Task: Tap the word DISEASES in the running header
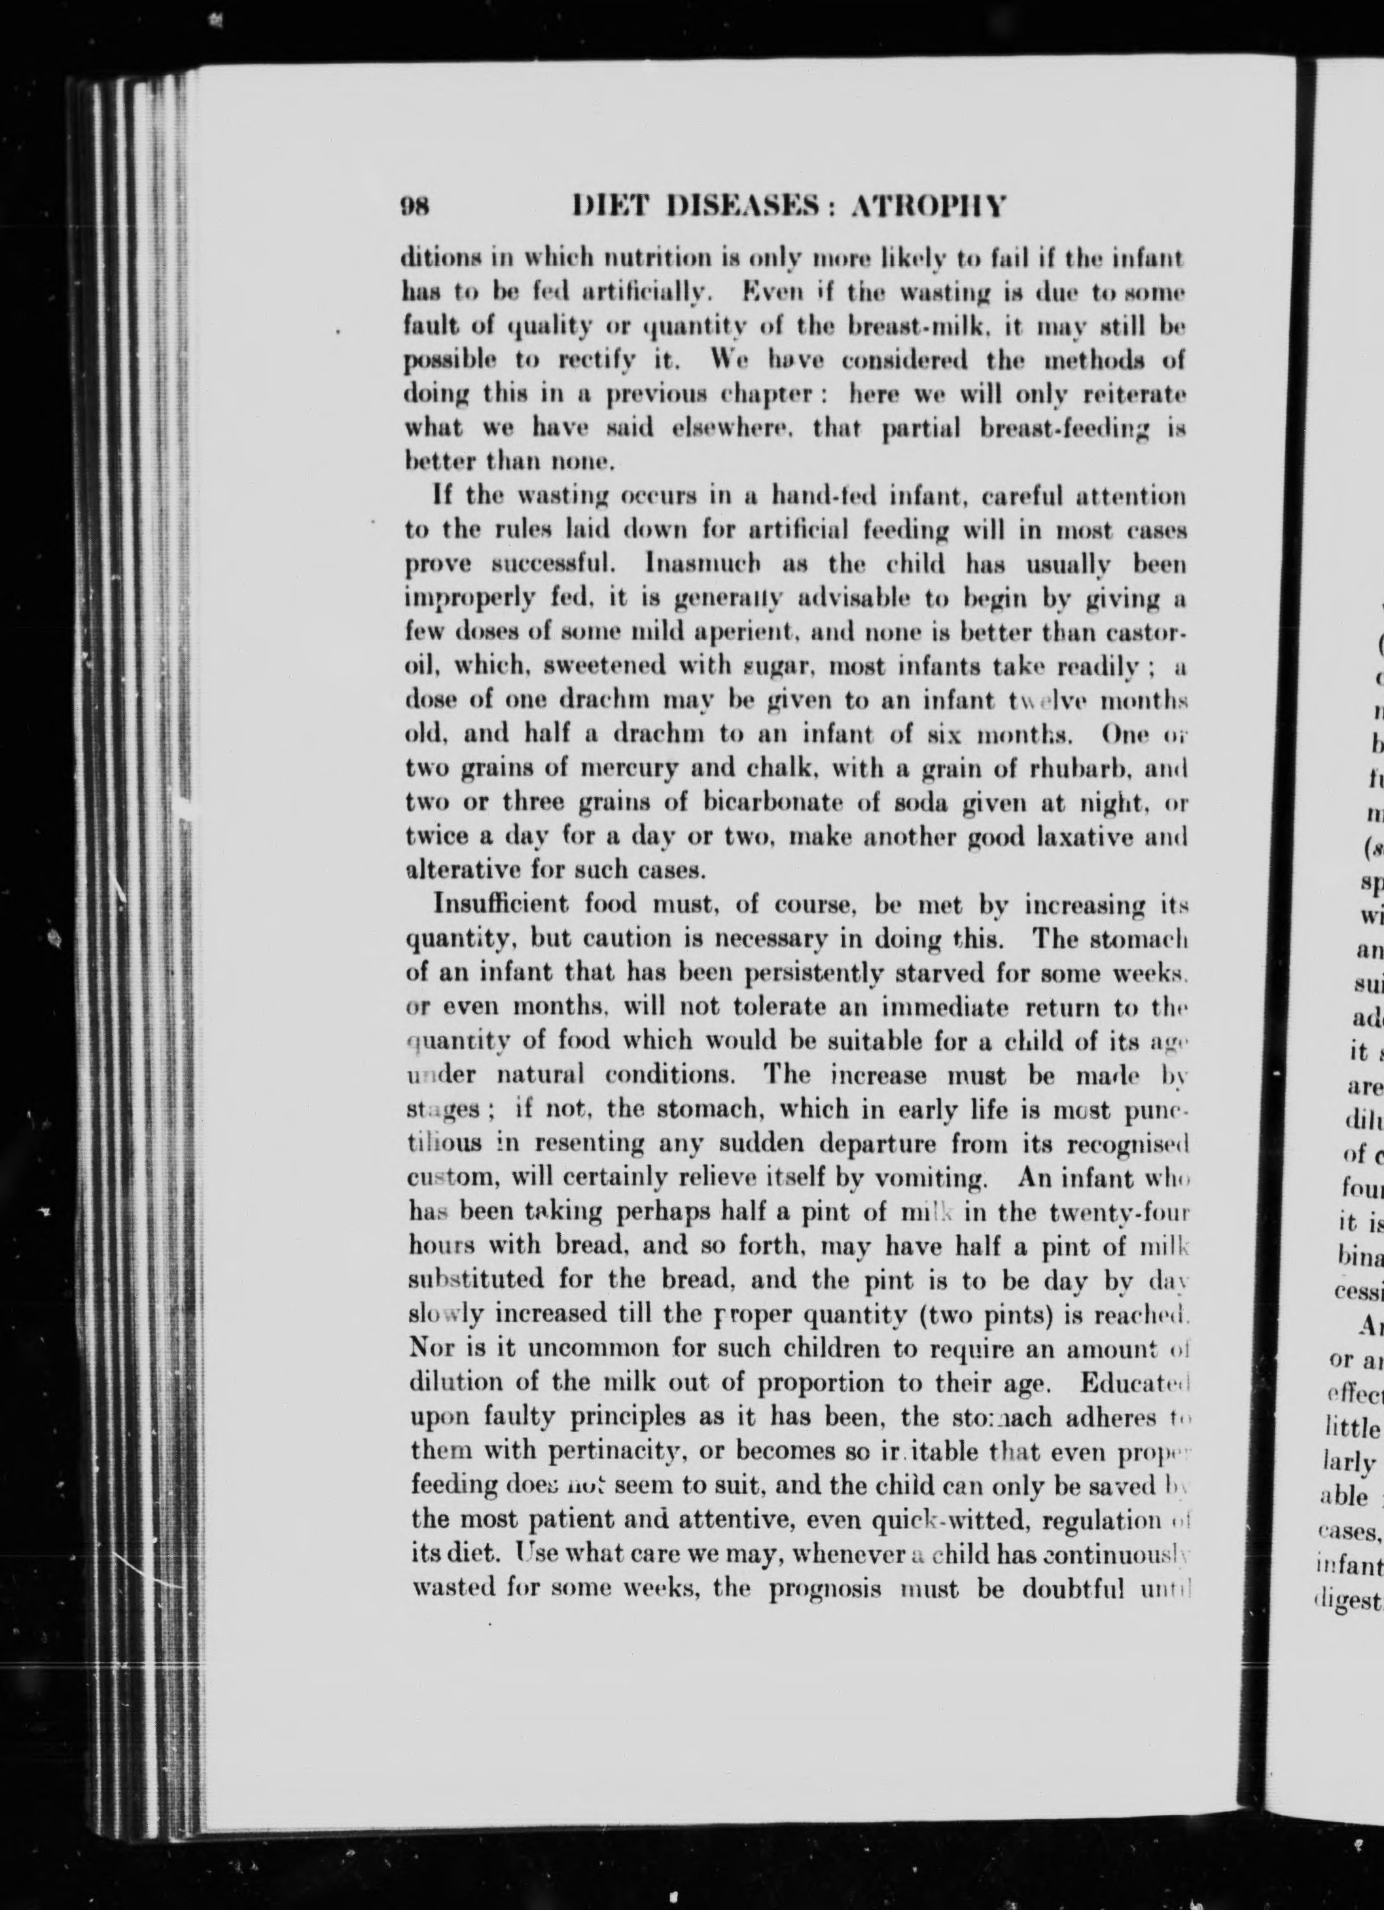(x=737, y=206)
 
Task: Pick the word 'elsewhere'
(x=728, y=429)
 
